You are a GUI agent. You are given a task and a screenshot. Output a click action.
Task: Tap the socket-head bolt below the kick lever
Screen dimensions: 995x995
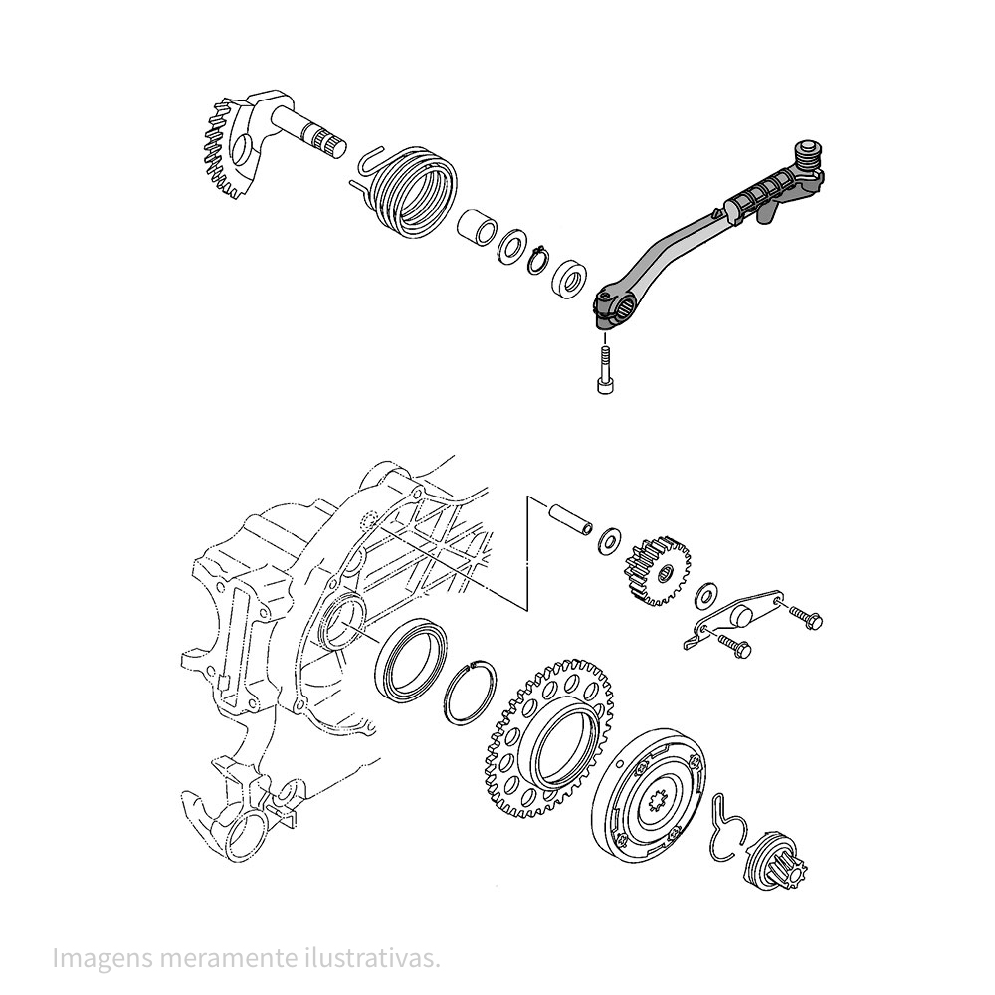605,370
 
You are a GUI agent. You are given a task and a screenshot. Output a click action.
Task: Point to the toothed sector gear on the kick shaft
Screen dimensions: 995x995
230,147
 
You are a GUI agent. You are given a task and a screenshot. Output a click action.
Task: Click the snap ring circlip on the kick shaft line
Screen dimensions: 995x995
538,260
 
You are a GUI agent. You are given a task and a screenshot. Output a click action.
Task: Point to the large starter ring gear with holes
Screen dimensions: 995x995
549,738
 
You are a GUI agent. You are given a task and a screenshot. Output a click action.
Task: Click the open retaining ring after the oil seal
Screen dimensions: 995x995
471,693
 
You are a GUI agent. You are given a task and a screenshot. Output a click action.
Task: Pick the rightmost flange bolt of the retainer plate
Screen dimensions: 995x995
807,617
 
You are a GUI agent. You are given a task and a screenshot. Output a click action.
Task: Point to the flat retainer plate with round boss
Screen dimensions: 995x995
736,619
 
